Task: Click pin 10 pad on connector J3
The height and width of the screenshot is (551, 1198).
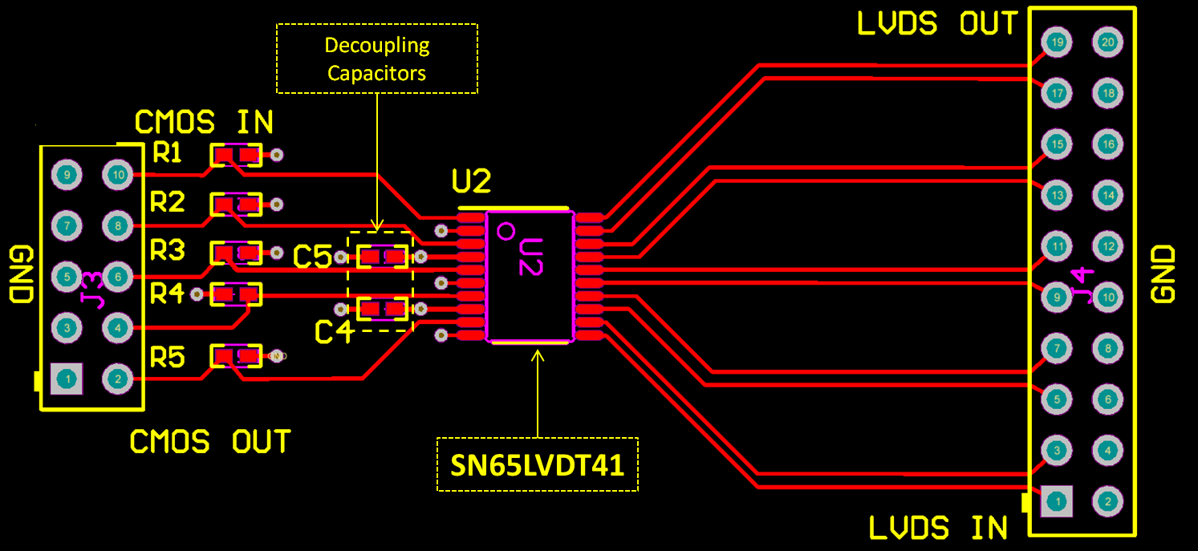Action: click(117, 174)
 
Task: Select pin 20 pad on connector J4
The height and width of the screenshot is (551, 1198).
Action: click(1108, 43)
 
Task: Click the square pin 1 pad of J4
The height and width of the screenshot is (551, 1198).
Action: click(1056, 502)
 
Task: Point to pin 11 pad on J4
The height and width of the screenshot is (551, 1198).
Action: click(1058, 246)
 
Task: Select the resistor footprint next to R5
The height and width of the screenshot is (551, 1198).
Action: click(236, 355)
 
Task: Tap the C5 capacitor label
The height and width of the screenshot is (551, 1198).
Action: click(312, 257)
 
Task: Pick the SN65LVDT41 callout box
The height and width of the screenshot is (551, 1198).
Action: click(537, 464)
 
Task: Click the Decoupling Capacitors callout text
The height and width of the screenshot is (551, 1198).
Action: click(376, 59)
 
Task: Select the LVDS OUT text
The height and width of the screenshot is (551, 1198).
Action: click(937, 24)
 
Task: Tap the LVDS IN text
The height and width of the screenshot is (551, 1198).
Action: click(938, 528)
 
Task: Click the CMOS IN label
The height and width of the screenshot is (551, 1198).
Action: click(204, 122)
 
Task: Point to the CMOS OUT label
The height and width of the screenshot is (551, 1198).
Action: click(210, 442)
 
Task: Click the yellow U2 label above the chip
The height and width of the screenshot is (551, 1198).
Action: click(471, 182)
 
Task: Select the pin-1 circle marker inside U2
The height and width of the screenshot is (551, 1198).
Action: click(506, 232)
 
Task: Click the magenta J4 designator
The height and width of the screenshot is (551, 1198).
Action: click(1083, 286)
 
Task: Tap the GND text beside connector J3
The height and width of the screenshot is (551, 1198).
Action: click(20, 274)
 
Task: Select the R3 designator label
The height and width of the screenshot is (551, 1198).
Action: click(168, 251)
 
